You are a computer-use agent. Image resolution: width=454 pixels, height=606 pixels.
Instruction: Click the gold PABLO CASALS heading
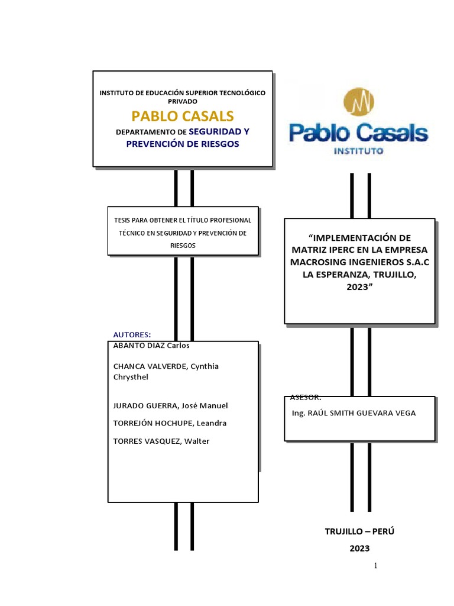[183, 115]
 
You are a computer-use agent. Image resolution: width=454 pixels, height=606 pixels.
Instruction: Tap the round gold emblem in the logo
[359, 103]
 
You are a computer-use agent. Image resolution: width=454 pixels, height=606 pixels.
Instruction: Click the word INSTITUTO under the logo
[359, 151]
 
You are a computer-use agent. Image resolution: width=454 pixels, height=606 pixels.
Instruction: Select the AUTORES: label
[132, 334]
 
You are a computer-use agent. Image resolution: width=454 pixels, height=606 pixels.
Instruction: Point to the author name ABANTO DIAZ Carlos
[151, 346]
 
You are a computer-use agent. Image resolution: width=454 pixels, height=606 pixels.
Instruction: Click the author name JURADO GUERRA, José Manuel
[170, 405]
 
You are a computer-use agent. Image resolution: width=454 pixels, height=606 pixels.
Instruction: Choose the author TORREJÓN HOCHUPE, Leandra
[169, 423]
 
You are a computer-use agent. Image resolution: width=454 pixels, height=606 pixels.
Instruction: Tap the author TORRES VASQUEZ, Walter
[161, 441]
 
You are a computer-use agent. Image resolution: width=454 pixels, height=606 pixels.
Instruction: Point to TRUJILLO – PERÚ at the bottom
[359, 531]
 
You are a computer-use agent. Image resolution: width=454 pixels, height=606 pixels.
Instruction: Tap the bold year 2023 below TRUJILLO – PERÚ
[359, 549]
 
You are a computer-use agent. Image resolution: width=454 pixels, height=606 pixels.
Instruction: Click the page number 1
[375, 566]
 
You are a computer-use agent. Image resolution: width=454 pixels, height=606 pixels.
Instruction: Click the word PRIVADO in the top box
[183, 101]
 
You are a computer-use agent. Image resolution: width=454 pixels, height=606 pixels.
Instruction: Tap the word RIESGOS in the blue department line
[219, 144]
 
